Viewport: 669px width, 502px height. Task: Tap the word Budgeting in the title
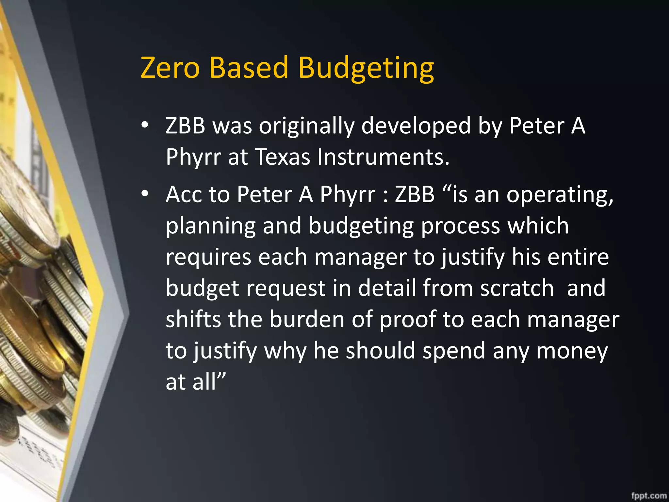[x=366, y=69]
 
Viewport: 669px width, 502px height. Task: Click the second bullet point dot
[x=145, y=194]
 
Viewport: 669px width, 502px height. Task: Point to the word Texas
[x=282, y=157]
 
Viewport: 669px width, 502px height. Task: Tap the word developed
[x=416, y=126]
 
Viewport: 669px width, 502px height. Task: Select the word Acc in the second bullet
[x=183, y=194]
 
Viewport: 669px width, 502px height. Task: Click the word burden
[x=307, y=319]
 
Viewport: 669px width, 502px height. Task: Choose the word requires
[x=208, y=257]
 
